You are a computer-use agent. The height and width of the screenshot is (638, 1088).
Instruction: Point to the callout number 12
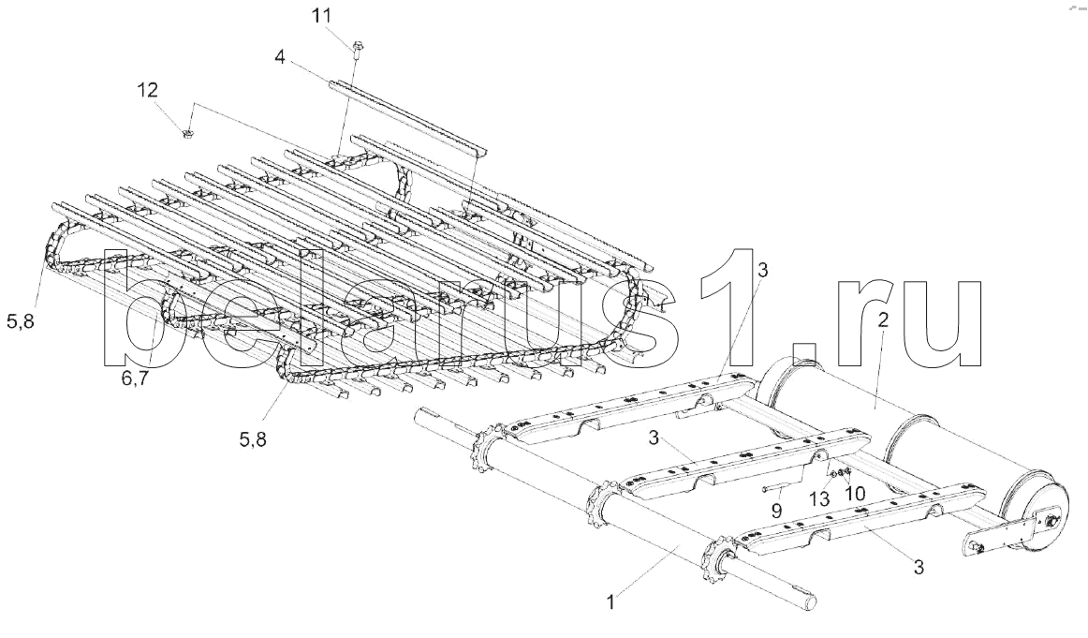[x=147, y=90]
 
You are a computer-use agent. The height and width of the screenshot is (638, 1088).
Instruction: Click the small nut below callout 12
[x=187, y=134]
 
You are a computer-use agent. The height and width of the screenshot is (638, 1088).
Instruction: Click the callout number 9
[x=775, y=511]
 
